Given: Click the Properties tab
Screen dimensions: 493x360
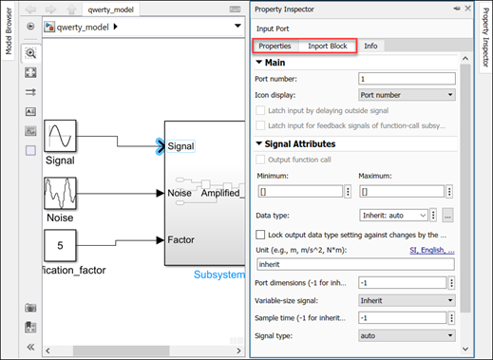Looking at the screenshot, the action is (275, 46).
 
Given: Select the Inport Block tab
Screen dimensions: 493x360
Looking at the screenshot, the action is (327, 46).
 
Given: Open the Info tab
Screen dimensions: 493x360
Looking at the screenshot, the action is (370, 46).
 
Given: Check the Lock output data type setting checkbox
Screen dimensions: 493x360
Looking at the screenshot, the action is (262, 234).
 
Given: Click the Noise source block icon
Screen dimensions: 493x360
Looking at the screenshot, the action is (61, 193).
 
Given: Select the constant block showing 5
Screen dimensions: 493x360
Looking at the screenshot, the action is (61, 246).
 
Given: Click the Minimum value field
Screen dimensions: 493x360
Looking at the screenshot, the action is (299, 192).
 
